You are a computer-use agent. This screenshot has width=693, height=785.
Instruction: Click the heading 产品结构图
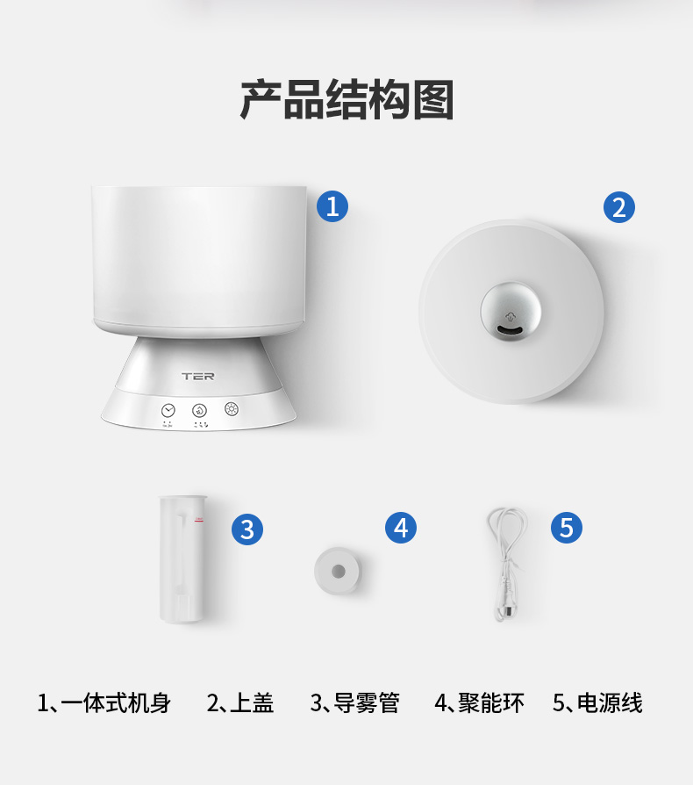(x=347, y=99)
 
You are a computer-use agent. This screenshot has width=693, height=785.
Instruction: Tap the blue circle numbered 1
(x=332, y=206)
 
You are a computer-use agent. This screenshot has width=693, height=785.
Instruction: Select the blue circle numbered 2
(x=619, y=207)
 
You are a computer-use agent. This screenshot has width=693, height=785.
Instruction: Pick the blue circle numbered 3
(x=247, y=529)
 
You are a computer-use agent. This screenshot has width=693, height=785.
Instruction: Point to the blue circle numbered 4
(x=401, y=528)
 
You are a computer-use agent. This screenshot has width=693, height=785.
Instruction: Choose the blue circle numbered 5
(x=567, y=527)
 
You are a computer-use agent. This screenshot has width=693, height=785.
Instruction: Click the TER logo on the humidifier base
(x=198, y=376)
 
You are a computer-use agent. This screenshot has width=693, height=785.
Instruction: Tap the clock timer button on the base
(x=168, y=411)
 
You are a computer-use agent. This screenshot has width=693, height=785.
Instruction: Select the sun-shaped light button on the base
(x=232, y=408)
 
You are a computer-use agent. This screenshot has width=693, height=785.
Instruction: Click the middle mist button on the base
(x=199, y=411)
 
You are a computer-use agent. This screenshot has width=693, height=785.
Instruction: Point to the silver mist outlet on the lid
(x=511, y=311)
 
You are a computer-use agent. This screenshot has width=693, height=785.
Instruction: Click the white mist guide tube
(x=182, y=558)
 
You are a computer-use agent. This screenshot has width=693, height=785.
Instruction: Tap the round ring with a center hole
(x=338, y=571)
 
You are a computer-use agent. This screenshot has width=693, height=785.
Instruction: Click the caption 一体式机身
(x=116, y=702)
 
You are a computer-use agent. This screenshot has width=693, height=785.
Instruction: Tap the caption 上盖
(x=252, y=702)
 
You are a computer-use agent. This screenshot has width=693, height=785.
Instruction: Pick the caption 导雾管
(x=367, y=702)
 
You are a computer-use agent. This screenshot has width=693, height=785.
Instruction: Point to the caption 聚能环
(x=491, y=702)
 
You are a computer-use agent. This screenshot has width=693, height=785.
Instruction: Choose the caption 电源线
(x=610, y=702)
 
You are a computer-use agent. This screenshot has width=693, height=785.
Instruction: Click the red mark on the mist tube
(x=199, y=520)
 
